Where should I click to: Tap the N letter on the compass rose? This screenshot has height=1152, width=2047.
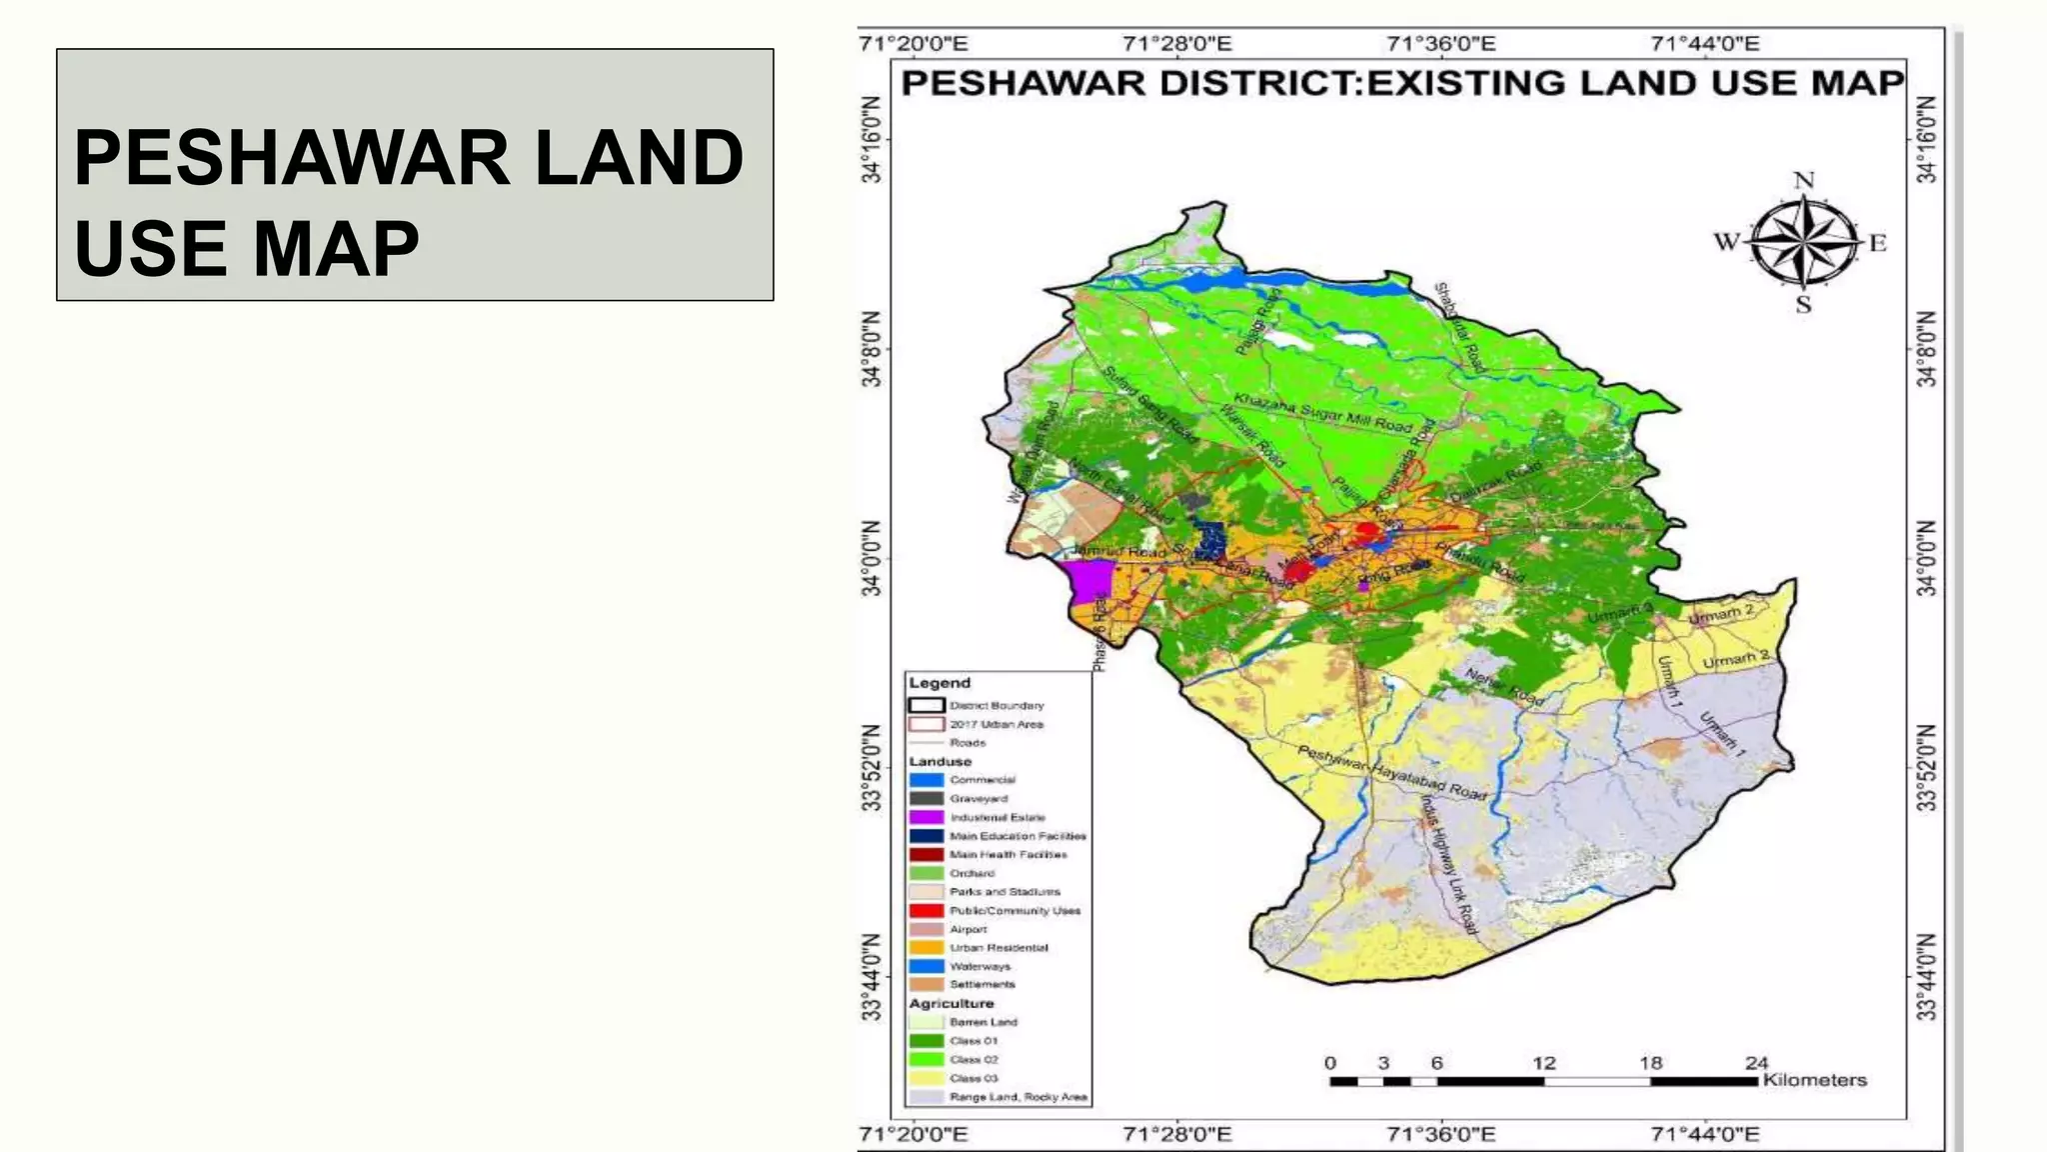pyautogui.click(x=1803, y=181)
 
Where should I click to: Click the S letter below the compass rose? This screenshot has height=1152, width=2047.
pyautogui.click(x=1803, y=304)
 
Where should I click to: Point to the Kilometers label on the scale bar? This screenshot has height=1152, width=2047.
pyautogui.click(x=1814, y=1080)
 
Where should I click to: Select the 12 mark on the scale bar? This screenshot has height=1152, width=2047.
pyautogui.click(x=1543, y=1063)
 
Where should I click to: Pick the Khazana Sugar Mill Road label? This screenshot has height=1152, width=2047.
pyautogui.click(x=1322, y=412)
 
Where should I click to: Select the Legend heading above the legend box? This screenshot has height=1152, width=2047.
pyautogui.click(x=940, y=683)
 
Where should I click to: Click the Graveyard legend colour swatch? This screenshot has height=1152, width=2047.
pyautogui.click(x=927, y=798)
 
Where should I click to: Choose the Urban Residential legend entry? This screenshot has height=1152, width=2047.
pyautogui.click(x=998, y=947)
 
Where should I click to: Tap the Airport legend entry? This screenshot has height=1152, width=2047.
pyautogui.click(x=968, y=929)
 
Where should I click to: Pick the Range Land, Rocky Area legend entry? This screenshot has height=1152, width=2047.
pyautogui.click(x=1018, y=1097)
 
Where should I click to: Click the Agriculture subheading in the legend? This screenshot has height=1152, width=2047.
pyautogui.click(x=952, y=1003)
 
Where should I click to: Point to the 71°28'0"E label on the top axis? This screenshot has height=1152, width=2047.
pyautogui.click(x=1177, y=44)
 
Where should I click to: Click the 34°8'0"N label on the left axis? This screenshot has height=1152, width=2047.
pyautogui.click(x=873, y=349)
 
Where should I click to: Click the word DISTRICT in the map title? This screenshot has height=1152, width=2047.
pyautogui.click(x=1256, y=83)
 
